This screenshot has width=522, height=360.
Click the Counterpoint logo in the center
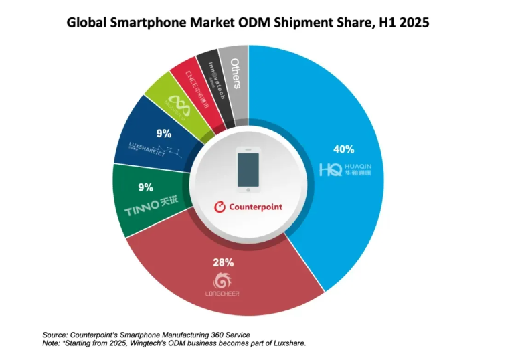point(248,207)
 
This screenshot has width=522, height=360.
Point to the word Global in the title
point(87,22)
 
